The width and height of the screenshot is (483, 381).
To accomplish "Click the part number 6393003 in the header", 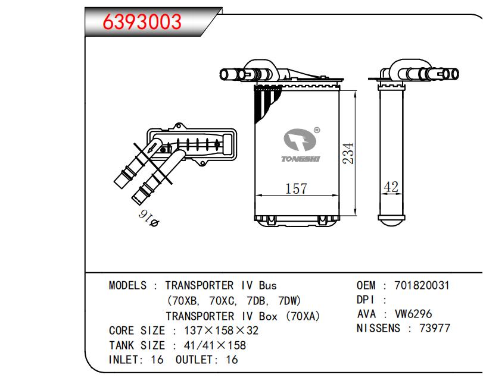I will [x=142, y=21].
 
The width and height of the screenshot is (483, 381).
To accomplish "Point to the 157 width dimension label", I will [x=296, y=189].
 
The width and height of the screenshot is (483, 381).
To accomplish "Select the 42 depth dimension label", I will [x=391, y=187].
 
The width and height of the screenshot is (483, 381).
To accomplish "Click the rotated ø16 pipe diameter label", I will [x=149, y=218].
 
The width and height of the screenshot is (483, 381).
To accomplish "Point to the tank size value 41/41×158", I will [x=208, y=345].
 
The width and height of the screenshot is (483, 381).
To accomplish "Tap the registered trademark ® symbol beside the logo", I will [x=316, y=130].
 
